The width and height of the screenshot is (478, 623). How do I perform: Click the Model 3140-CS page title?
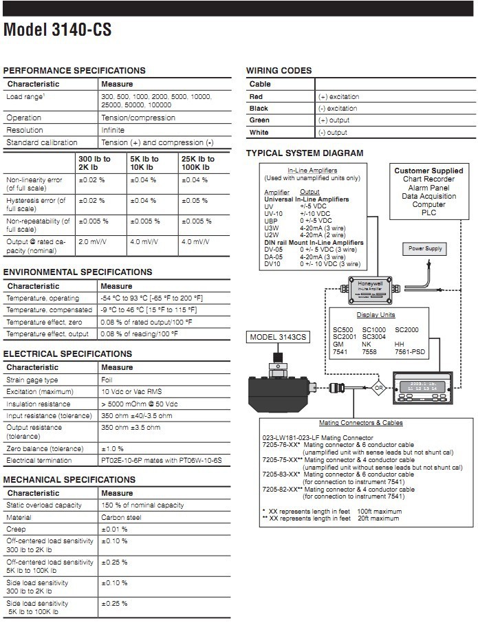57,30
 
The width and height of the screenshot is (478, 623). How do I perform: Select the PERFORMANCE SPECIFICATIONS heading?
74,70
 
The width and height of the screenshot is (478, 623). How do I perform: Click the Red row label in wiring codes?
256,97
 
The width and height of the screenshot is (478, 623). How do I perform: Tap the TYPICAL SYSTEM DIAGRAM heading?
305,153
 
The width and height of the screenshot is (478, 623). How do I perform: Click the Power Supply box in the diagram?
426,248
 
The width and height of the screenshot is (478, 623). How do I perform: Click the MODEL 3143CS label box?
278,336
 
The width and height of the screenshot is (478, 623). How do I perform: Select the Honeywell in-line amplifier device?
372,291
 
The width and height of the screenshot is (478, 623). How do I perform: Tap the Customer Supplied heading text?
428,171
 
